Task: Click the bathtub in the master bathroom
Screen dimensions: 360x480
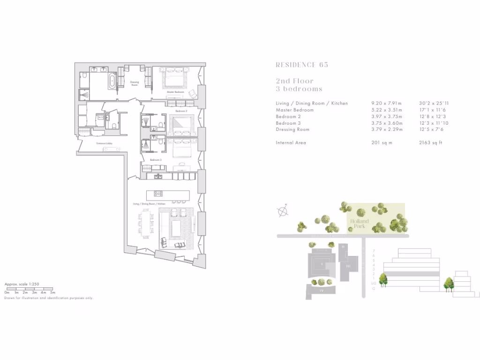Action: [x=112, y=81]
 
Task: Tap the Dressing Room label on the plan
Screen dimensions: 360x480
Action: [x=135, y=83]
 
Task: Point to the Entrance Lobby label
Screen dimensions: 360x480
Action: [x=104, y=143]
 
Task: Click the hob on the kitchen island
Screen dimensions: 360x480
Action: [x=158, y=194]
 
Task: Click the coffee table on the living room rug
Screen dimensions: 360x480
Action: [x=177, y=229]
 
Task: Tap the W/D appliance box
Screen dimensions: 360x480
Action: [x=100, y=117]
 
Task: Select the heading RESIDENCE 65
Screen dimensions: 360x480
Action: [x=302, y=65]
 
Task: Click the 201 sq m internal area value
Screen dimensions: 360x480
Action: [x=380, y=142]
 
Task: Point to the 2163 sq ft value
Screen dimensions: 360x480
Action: [x=430, y=142]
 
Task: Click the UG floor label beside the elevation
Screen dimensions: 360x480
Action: [x=374, y=283]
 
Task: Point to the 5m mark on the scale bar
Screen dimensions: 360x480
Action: [x=52, y=292]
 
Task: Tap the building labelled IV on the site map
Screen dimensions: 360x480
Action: [x=322, y=291]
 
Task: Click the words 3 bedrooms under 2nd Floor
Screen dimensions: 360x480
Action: [x=299, y=89]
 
